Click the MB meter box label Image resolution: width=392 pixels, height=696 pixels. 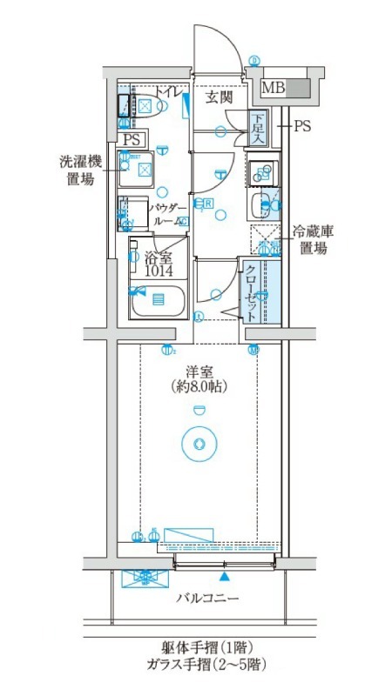pyautogui.click(x=273, y=87)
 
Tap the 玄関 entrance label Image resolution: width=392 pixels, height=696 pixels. pyautogui.click(x=219, y=97)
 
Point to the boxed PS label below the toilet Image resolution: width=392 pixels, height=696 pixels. pyautogui.click(x=131, y=139)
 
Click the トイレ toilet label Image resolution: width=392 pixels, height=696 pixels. pyautogui.click(x=170, y=93)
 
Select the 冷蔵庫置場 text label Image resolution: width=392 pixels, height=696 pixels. pyautogui.click(x=313, y=239)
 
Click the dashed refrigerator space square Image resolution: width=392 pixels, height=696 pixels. pyautogui.click(x=265, y=238)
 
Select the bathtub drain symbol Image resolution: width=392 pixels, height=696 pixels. pyautogui.click(x=158, y=299)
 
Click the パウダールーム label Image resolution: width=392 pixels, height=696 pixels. pyautogui.click(x=165, y=215)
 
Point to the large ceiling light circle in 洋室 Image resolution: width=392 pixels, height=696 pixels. pyautogui.click(x=199, y=444)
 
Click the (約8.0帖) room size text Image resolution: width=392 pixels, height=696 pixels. pyautogui.click(x=199, y=383)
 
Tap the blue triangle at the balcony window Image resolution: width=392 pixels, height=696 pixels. pyautogui.click(x=226, y=575)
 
